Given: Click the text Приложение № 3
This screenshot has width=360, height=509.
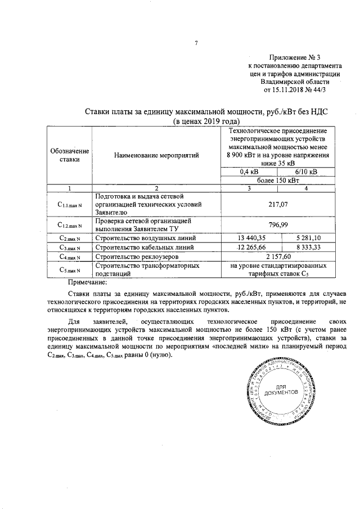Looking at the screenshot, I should click(294, 57).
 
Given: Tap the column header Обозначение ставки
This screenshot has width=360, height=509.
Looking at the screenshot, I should click(69, 155).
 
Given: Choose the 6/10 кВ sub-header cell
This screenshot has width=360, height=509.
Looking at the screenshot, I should click(305, 172).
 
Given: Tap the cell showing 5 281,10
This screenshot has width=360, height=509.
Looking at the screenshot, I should click(305, 238).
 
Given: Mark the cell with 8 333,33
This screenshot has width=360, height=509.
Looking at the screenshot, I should click(305, 247).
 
